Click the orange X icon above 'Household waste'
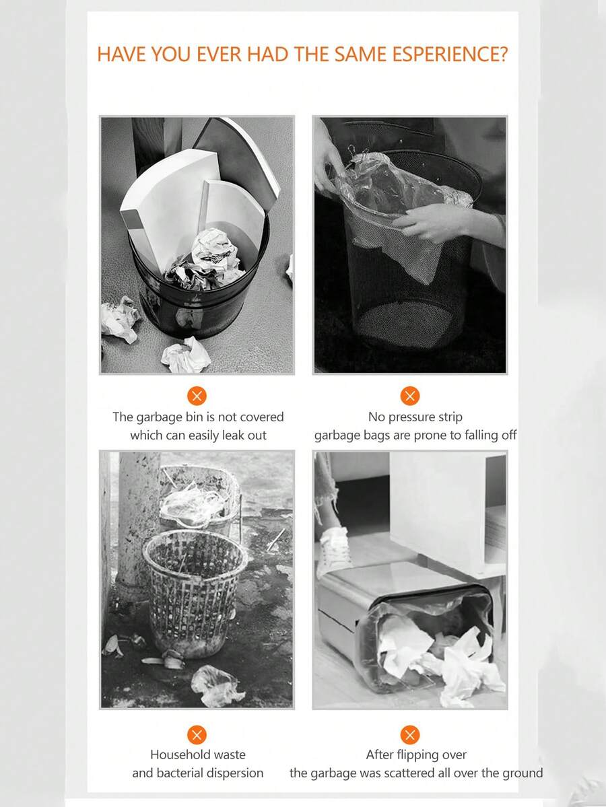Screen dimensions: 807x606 197,734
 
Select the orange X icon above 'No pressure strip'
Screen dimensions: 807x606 409,396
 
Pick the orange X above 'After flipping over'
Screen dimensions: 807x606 409,734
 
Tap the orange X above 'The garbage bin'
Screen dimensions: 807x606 197,396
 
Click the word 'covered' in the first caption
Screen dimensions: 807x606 259,417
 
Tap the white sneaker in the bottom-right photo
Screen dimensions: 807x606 334,549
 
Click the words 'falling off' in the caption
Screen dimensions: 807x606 490,435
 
